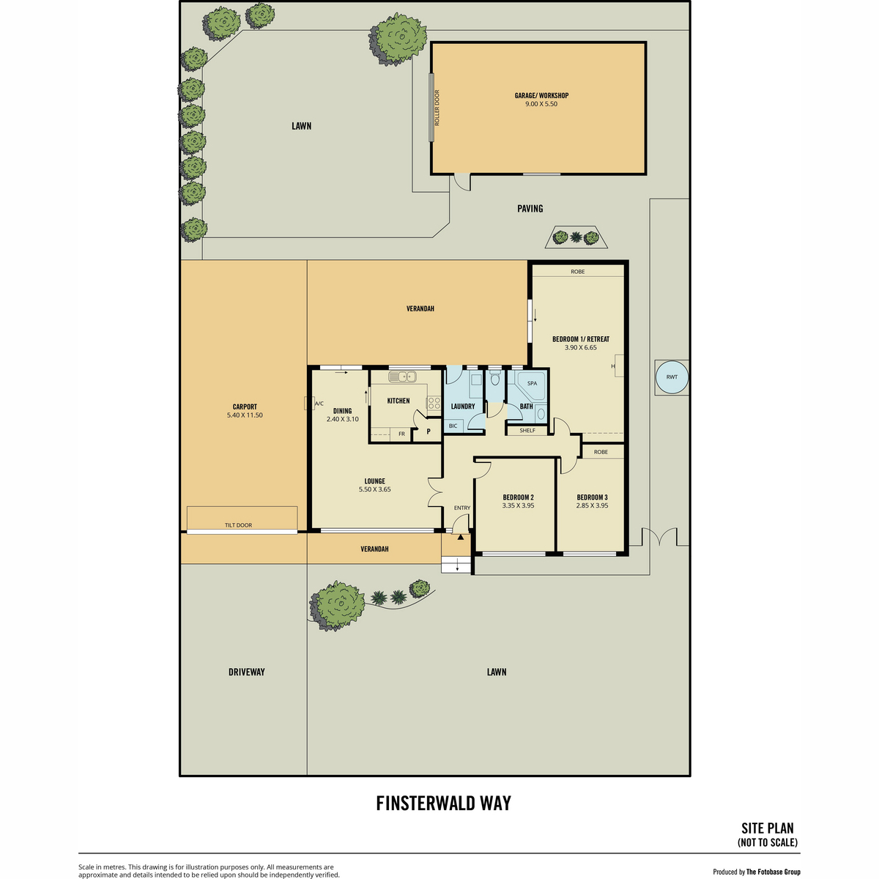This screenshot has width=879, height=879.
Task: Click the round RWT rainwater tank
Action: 672,377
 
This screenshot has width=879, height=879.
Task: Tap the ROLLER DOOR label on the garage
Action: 437,108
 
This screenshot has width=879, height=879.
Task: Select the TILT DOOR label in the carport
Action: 238,525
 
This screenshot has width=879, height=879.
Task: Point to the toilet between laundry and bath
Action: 495,378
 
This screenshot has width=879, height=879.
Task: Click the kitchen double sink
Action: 402,377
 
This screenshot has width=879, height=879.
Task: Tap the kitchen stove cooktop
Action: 434,402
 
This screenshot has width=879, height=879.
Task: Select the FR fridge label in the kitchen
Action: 401,434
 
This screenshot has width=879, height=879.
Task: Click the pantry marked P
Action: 429,431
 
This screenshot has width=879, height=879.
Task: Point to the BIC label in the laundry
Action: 453,426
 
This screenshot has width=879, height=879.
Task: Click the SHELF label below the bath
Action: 527,430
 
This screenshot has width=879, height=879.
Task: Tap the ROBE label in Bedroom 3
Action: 601,452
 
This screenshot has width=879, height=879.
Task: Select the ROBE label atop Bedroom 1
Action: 577,272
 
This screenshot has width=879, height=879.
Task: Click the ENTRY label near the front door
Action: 462,508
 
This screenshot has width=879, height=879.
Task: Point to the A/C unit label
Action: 319,403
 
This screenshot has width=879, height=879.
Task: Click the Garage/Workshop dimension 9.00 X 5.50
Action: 541,103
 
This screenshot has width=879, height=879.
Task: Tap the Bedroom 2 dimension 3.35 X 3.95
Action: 518,505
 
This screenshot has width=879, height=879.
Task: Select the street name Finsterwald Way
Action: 443,803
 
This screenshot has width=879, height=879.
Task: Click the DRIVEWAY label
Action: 246,672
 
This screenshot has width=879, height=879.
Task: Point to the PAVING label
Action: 530,209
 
